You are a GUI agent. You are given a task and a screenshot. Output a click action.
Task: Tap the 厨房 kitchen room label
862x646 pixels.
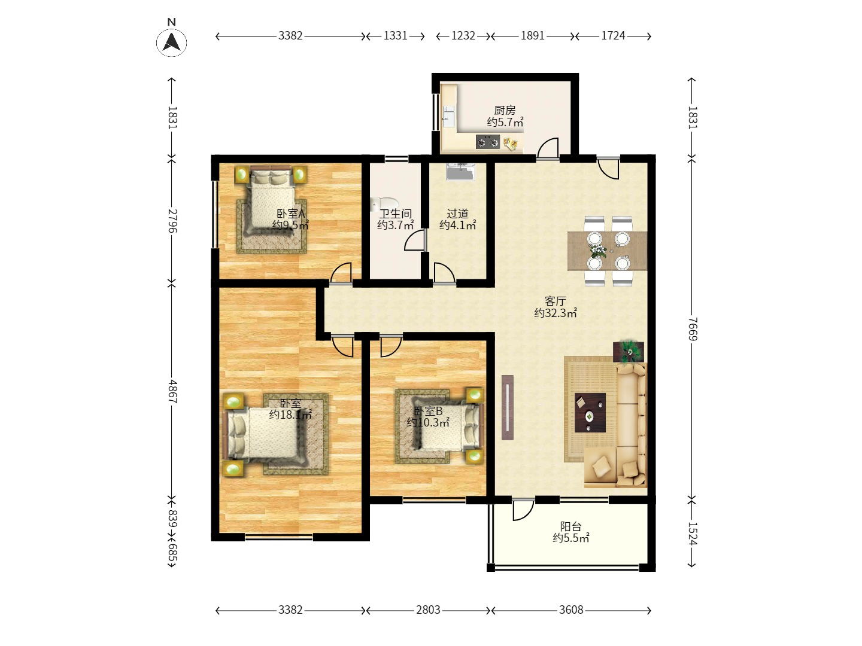coord(505,110)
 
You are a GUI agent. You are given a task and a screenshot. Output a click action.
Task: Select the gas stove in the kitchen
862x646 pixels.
coord(488,142)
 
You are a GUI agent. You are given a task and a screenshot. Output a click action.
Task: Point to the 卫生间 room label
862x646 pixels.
coord(395,214)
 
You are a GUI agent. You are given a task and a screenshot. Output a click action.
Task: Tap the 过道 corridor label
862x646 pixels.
coord(457,214)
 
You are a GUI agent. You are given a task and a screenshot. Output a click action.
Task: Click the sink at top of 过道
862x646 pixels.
coord(460,172)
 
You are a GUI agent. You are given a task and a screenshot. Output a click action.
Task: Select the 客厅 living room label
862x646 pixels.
coord(556,301)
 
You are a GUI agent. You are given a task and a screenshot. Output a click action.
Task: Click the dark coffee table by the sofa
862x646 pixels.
coord(590,413)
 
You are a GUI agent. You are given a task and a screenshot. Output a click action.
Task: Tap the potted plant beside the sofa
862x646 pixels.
coord(629,351)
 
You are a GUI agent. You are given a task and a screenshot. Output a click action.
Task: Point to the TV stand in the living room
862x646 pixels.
coord(508,407)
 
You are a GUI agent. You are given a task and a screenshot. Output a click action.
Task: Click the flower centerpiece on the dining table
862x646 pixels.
coord(597,250)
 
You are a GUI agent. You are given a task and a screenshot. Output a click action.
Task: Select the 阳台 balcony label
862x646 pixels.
coord(570,526)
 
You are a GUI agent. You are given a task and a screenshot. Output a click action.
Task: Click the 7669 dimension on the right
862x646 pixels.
coord(693,329)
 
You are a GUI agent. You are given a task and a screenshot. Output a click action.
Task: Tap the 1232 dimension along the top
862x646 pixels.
coord(463,36)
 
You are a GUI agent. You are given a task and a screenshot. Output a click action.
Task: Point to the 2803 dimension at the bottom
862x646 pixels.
coord(428,610)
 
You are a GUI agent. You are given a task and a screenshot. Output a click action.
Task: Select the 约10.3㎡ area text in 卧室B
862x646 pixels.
coord(428,422)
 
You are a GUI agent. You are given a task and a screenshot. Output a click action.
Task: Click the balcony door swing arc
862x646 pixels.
coord(526,512)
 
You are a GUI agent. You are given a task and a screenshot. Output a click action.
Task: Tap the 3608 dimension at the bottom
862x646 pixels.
coord(571,610)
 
